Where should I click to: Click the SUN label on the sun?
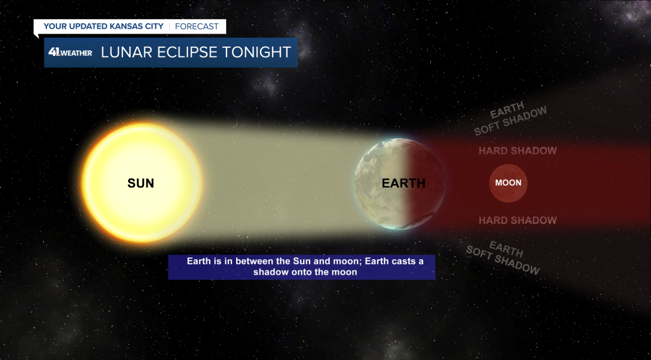141,184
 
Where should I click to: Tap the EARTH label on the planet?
403,184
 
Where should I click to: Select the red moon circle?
508,183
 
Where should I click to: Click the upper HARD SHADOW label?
518,151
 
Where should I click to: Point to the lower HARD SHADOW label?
518,220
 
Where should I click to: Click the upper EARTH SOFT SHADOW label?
510,118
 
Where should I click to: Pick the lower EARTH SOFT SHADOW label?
504,258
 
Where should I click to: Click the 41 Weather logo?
70,52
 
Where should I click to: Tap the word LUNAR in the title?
127,52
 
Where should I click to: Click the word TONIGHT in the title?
257,52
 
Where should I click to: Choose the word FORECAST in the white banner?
196,26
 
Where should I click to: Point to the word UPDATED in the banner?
88,26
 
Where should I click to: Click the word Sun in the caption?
302,261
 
